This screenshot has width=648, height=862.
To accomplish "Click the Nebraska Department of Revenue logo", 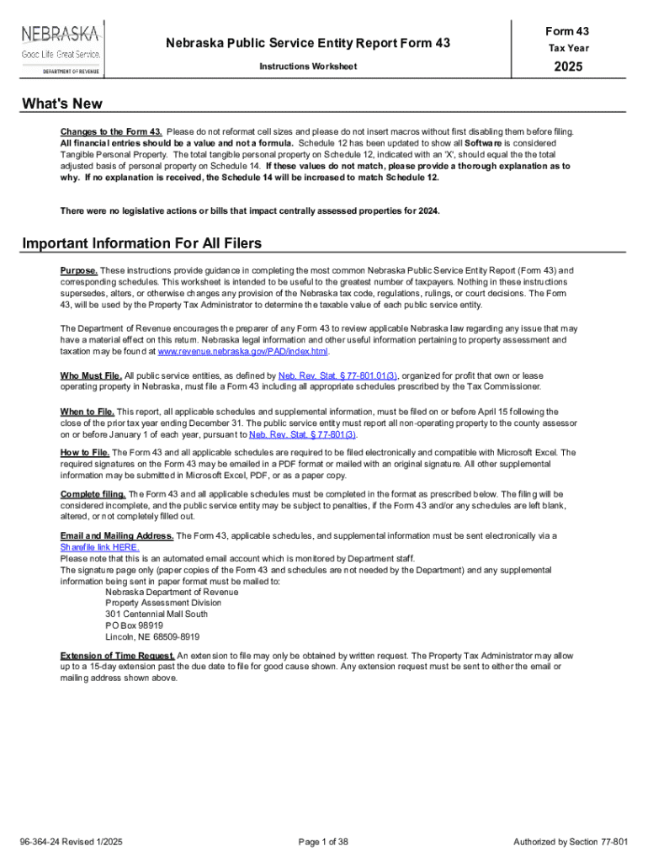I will point(61,48).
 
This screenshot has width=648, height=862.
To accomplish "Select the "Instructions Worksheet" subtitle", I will point(308,66).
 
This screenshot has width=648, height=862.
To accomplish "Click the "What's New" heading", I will point(62,104).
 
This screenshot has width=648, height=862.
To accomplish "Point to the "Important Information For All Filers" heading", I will point(142,243).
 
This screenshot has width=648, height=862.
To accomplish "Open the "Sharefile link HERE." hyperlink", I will point(100,546).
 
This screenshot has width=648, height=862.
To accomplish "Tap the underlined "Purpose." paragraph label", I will point(79,270).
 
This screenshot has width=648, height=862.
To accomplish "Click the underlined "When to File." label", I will point(88,411).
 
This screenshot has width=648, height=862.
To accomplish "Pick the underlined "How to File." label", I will point(85,452).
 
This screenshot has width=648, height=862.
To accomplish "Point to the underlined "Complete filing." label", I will point(93,493).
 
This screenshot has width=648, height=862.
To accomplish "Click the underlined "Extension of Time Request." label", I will point(118,655).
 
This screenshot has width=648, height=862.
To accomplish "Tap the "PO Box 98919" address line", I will point(135,625).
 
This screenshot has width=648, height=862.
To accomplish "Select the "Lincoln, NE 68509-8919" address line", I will point(152,637).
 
